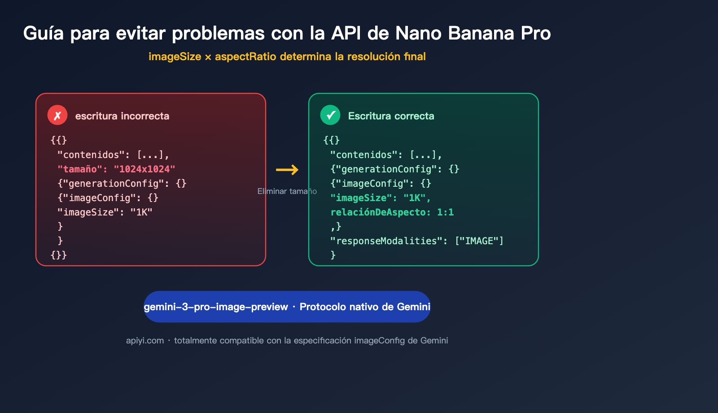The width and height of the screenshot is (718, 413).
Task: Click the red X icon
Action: (57, 115)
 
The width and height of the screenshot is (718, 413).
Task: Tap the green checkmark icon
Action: (330, 115)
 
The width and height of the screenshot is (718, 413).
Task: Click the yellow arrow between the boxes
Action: (287, 170)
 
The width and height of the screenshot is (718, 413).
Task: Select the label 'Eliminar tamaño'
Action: (287, 191)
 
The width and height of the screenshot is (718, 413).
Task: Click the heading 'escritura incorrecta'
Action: (122, 116)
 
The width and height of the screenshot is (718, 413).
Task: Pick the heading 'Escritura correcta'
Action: (391, 116)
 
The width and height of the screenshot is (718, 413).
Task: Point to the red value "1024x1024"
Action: (144, 169)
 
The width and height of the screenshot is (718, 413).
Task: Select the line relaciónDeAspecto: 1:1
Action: (392, 212)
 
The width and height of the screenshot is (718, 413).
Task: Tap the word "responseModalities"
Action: (386, 241)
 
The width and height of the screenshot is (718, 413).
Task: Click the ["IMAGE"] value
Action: (479, 241)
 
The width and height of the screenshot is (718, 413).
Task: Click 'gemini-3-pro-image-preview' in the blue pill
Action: (216, 307)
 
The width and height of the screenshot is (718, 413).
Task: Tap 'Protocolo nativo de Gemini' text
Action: (365, 307)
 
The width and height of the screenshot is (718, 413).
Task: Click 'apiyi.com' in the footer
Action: (145, 341)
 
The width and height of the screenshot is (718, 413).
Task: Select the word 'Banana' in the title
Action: (481, 33)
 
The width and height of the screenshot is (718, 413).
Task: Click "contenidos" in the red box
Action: (91, 155)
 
